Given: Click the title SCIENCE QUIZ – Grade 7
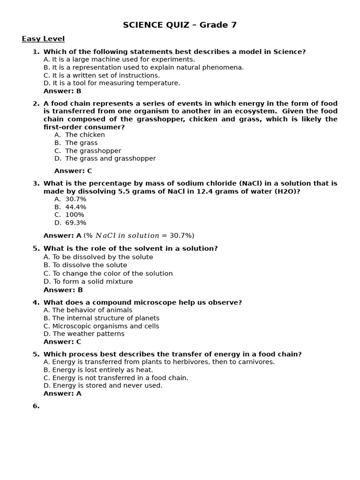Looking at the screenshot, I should pos(180,25).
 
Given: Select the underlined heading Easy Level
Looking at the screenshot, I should pos(43,39).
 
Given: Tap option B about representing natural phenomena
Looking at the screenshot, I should pos(143,67).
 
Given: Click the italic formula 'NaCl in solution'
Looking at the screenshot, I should pos(127,236).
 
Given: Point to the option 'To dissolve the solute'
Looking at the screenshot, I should pos(83,265).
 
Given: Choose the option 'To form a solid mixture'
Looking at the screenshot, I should pos(88,282).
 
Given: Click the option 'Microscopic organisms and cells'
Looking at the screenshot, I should pos(101,326).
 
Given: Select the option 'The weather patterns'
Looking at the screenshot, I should pos(84,334).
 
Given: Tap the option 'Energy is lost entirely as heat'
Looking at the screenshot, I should pos(98,370).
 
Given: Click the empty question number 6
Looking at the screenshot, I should pos(36,406).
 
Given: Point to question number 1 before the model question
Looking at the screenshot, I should pos(36,52).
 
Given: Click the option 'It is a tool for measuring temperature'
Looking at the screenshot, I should pos(112,83).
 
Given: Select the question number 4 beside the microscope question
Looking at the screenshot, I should pos(36,303).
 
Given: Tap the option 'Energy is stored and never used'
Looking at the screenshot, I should pos(103,385).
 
